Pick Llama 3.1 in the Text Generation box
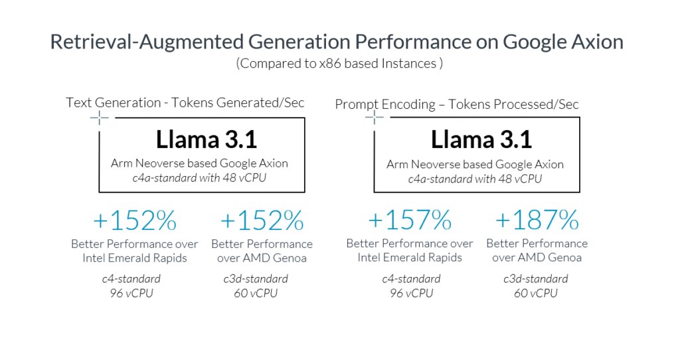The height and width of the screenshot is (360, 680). point(206,139)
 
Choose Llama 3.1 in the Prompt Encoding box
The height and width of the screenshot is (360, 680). point(481,139)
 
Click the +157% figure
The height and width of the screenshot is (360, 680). point(409,220)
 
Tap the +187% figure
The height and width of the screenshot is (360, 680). point(536,220)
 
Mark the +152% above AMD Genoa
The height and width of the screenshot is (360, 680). point(262,220)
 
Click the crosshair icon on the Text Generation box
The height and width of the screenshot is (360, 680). point(100,118)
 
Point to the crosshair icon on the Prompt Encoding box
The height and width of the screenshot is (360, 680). point(375,118)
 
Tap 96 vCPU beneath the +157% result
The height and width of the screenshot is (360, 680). point(409,293)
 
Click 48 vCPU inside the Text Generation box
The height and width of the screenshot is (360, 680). point(253,179)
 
